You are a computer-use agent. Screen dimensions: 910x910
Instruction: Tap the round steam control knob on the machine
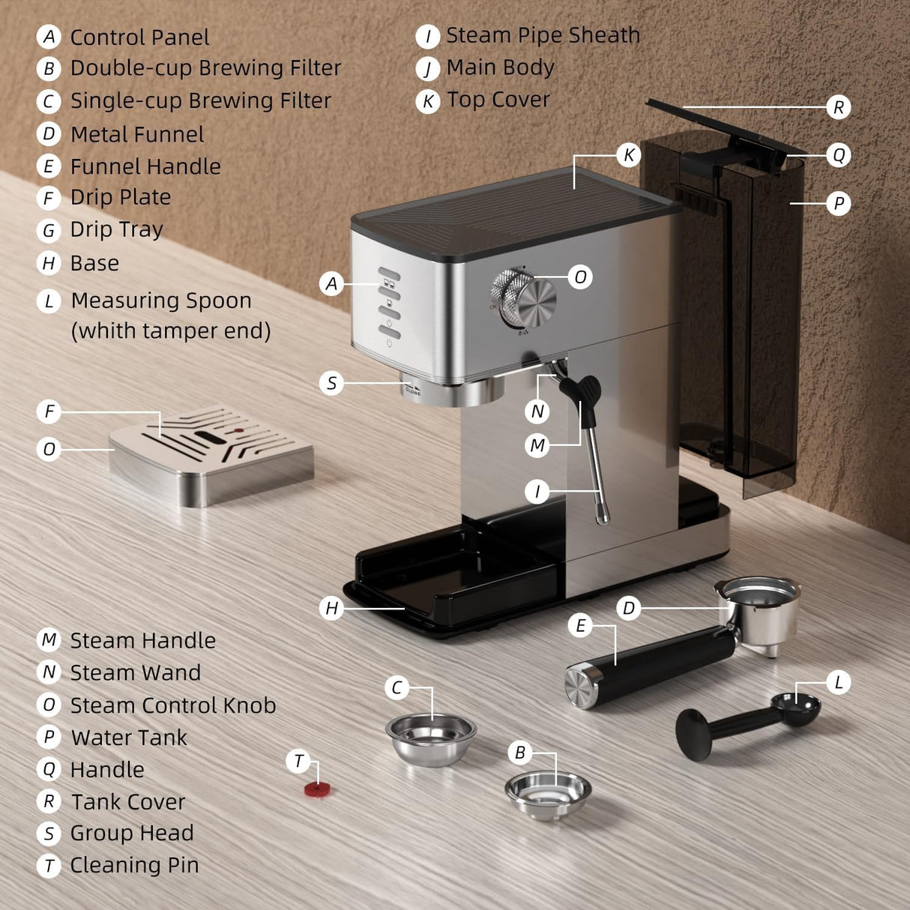click(524, 298)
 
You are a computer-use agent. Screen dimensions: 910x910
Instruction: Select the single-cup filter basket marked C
click(431, 738)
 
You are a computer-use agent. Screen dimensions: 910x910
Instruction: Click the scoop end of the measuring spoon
click(796, 707)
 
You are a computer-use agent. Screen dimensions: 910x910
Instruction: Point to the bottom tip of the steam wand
click(603, 516)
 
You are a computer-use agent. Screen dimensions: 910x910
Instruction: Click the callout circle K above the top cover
click(629, 155)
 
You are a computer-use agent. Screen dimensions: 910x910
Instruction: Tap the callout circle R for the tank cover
click(838, 107)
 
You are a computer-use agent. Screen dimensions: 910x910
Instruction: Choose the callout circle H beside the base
click(332, 608)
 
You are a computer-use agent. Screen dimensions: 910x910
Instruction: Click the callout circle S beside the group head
click(331, 383)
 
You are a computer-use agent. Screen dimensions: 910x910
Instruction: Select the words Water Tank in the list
click(129, 738)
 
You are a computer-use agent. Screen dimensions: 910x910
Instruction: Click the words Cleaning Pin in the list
click(134, 865)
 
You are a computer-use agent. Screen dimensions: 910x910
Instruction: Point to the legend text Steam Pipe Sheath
click(543, 35)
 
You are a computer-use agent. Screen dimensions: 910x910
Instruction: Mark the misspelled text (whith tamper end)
click(171, 331)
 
